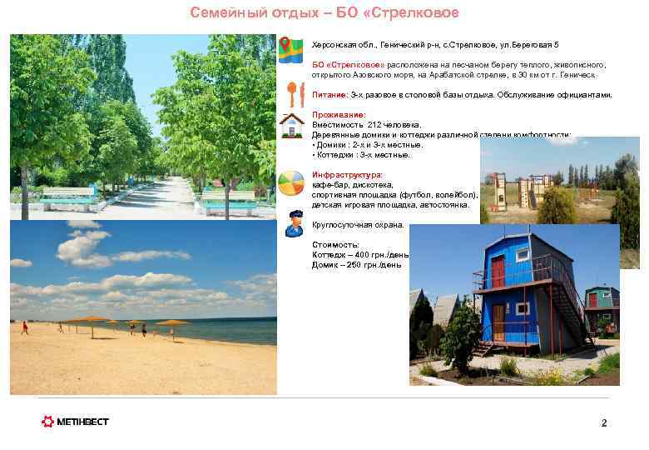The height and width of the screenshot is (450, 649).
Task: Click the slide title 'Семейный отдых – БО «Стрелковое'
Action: [324, 12]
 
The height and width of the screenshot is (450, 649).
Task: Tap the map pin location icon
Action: [290, 50]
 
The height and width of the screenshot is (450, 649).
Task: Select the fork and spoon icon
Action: [290, 93]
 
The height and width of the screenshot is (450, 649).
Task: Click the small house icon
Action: [291, 125]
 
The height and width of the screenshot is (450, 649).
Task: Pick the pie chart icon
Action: [291, 182]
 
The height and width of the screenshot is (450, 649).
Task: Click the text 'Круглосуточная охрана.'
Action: [357, 225]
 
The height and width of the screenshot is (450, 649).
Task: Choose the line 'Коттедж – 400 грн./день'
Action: [359, 255]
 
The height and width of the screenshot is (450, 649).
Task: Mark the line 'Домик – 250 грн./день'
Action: [356, 265]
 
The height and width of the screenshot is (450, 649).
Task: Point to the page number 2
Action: [604, 423]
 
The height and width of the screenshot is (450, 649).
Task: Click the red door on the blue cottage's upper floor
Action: [498, 270]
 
